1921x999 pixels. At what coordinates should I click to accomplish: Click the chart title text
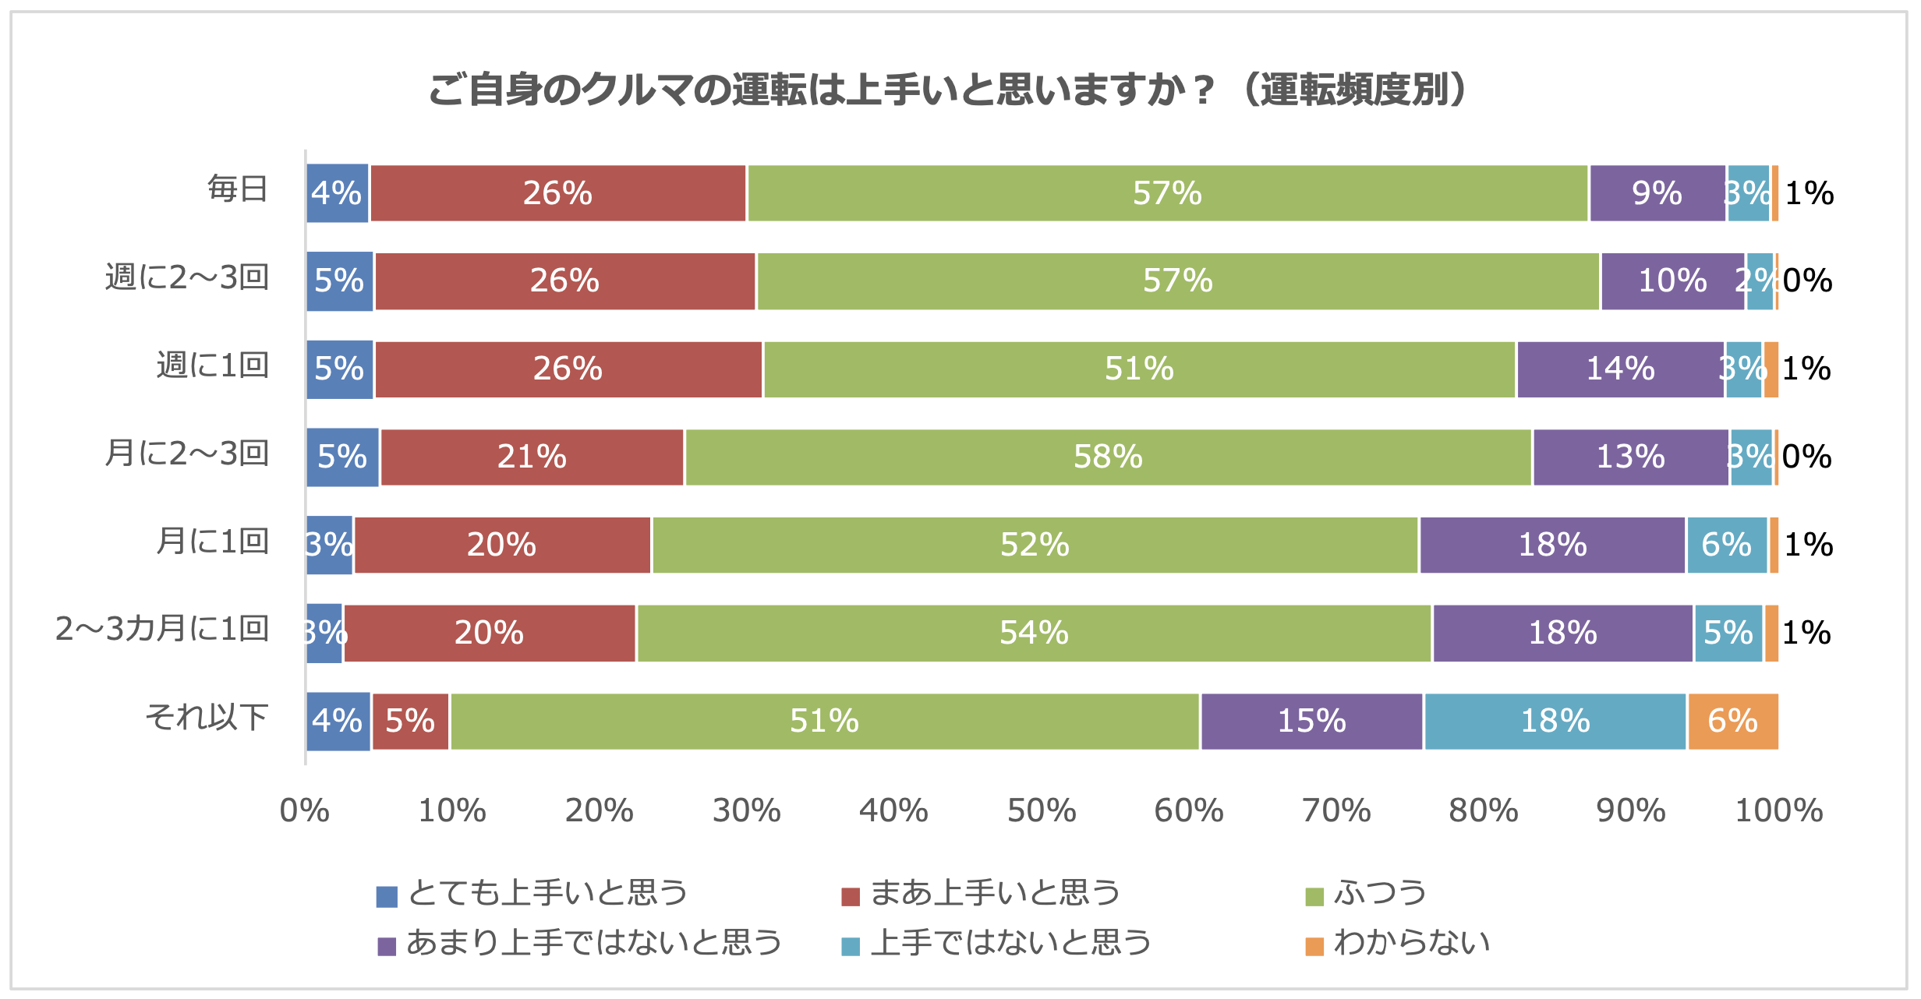[948, 90]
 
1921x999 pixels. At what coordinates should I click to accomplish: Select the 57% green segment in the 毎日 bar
[1167, 193]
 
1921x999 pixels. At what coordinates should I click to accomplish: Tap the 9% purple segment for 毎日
[1657, 193]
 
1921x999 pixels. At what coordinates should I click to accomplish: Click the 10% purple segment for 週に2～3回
[1672, 281]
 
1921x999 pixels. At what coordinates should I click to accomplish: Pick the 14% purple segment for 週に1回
[1620, 369]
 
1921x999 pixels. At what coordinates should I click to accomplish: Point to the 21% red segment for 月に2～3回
[532, 457]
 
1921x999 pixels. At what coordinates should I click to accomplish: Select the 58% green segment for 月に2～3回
[1108, 457]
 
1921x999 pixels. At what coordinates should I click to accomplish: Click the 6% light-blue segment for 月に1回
[1726, 545]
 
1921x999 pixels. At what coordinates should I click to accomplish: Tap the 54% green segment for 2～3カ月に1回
[1034, 633]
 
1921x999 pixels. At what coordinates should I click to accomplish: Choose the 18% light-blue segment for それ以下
[1555, 721]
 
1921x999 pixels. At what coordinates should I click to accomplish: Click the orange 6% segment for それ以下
[1732, 721]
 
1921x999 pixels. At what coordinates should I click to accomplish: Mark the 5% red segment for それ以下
[410, 721]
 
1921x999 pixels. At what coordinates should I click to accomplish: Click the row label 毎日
[238, 189]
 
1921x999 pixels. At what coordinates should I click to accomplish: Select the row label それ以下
[207, 717]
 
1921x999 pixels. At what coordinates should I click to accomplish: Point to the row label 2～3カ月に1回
[162, 629]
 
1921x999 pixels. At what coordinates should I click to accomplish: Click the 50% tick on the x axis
[1042, 811]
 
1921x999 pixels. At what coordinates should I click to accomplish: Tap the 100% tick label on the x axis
[1779, 811]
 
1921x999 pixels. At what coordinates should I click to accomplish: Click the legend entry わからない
[1411, 943]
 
